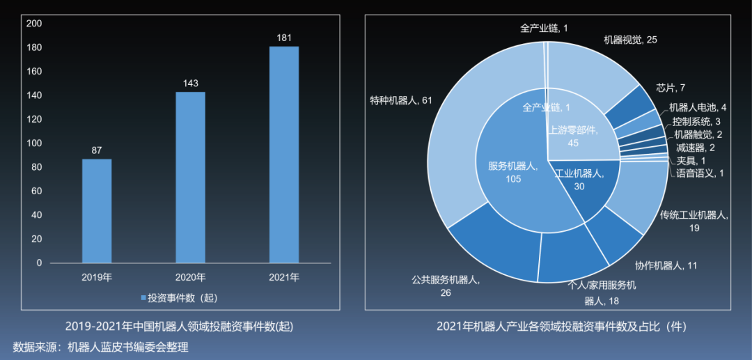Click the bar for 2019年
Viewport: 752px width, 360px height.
click(x=97, y=210)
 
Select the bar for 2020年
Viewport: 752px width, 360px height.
click(x=190, y=177)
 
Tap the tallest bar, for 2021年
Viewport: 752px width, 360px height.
click(x=284, y=154)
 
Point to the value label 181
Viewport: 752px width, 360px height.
click(x=284, y=38)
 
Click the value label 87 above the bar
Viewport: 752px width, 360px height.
click(x=97, y=150)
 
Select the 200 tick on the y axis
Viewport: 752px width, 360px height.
click(x=34, y=24)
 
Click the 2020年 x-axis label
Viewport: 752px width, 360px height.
click(x=190, y=277)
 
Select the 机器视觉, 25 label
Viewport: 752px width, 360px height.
click(x=630, y=40)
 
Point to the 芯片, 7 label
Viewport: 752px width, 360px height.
click(x=671, y=88)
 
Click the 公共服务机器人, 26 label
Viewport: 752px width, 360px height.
click(x=445, y=286)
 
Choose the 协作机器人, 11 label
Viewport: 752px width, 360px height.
click(x=666, y=265)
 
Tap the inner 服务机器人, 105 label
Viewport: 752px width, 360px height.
click(x=511, y=172)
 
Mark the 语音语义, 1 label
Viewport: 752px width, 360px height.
click(x=700, y=173)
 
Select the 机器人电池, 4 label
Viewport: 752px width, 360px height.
click(x=698, y=108)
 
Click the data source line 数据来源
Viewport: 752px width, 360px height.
click(x=101, y=347)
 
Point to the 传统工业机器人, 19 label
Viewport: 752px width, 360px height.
click(x=694, y=221)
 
